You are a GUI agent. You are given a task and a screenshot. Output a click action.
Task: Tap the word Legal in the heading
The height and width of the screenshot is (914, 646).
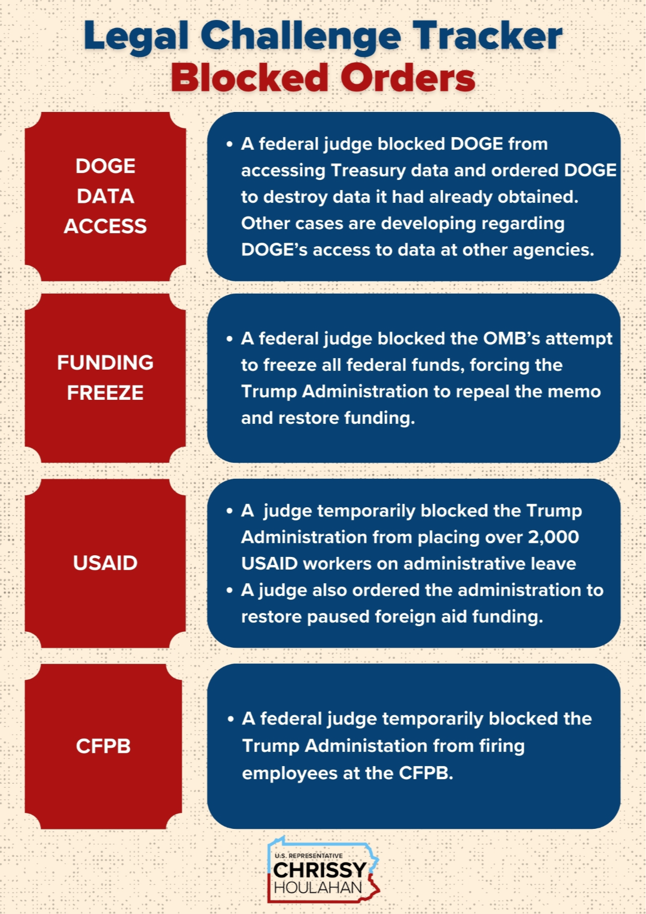tap(136, 37)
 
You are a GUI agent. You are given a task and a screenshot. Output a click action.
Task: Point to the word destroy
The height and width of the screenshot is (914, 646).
tap(295, 197)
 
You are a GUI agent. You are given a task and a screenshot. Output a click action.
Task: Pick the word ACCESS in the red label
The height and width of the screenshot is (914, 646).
tap(105, 226)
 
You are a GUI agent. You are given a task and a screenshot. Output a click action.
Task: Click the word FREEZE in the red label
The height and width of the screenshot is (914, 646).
tap(105, 393)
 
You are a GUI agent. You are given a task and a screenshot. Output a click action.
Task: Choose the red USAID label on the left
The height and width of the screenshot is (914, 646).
tap(105, 563)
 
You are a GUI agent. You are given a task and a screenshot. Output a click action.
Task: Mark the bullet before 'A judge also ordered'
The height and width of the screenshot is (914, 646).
tap(230, 590)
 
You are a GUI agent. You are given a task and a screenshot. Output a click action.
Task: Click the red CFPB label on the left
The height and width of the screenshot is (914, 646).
tap(103, 746)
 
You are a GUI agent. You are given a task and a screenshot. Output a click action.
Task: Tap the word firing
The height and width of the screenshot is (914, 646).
tap(503, 746)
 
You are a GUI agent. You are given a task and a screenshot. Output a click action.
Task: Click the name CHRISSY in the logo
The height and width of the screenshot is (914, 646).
tap(319, 870)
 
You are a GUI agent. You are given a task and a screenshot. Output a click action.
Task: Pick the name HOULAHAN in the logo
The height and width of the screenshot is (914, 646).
tap(318, 888)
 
